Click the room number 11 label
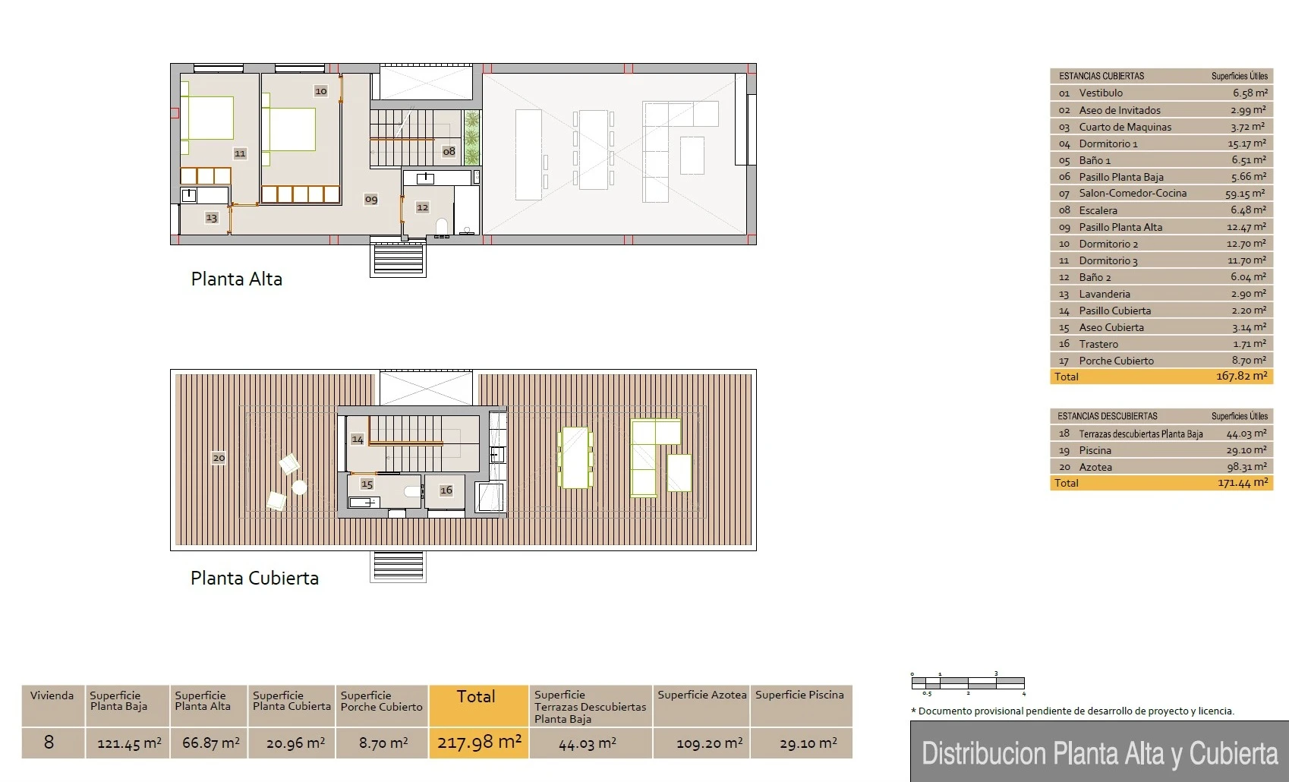tap(240, 153)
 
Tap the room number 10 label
tap(320, 90)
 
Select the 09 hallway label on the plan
tap(371, 199)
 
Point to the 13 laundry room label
tap(211, 217)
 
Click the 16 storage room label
tap(446, 490)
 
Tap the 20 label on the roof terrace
tap(219, 458)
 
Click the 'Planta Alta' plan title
tap(237, 279)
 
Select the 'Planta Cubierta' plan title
tap(254, 578)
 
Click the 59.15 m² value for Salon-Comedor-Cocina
tap(1245, 194)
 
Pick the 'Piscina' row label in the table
tap(1095, 450)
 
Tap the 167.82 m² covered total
tap(1242, 376)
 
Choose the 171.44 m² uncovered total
tap(1243, 482)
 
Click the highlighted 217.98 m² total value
tap(479, 743)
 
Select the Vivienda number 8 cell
tap(49, 743)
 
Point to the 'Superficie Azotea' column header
tap(702, 695)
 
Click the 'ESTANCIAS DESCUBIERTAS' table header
tap(1107, 415)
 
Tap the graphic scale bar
tap(968, 683)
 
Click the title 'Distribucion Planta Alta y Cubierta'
tap(1100, 753)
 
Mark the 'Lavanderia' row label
tap(1105, 294)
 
